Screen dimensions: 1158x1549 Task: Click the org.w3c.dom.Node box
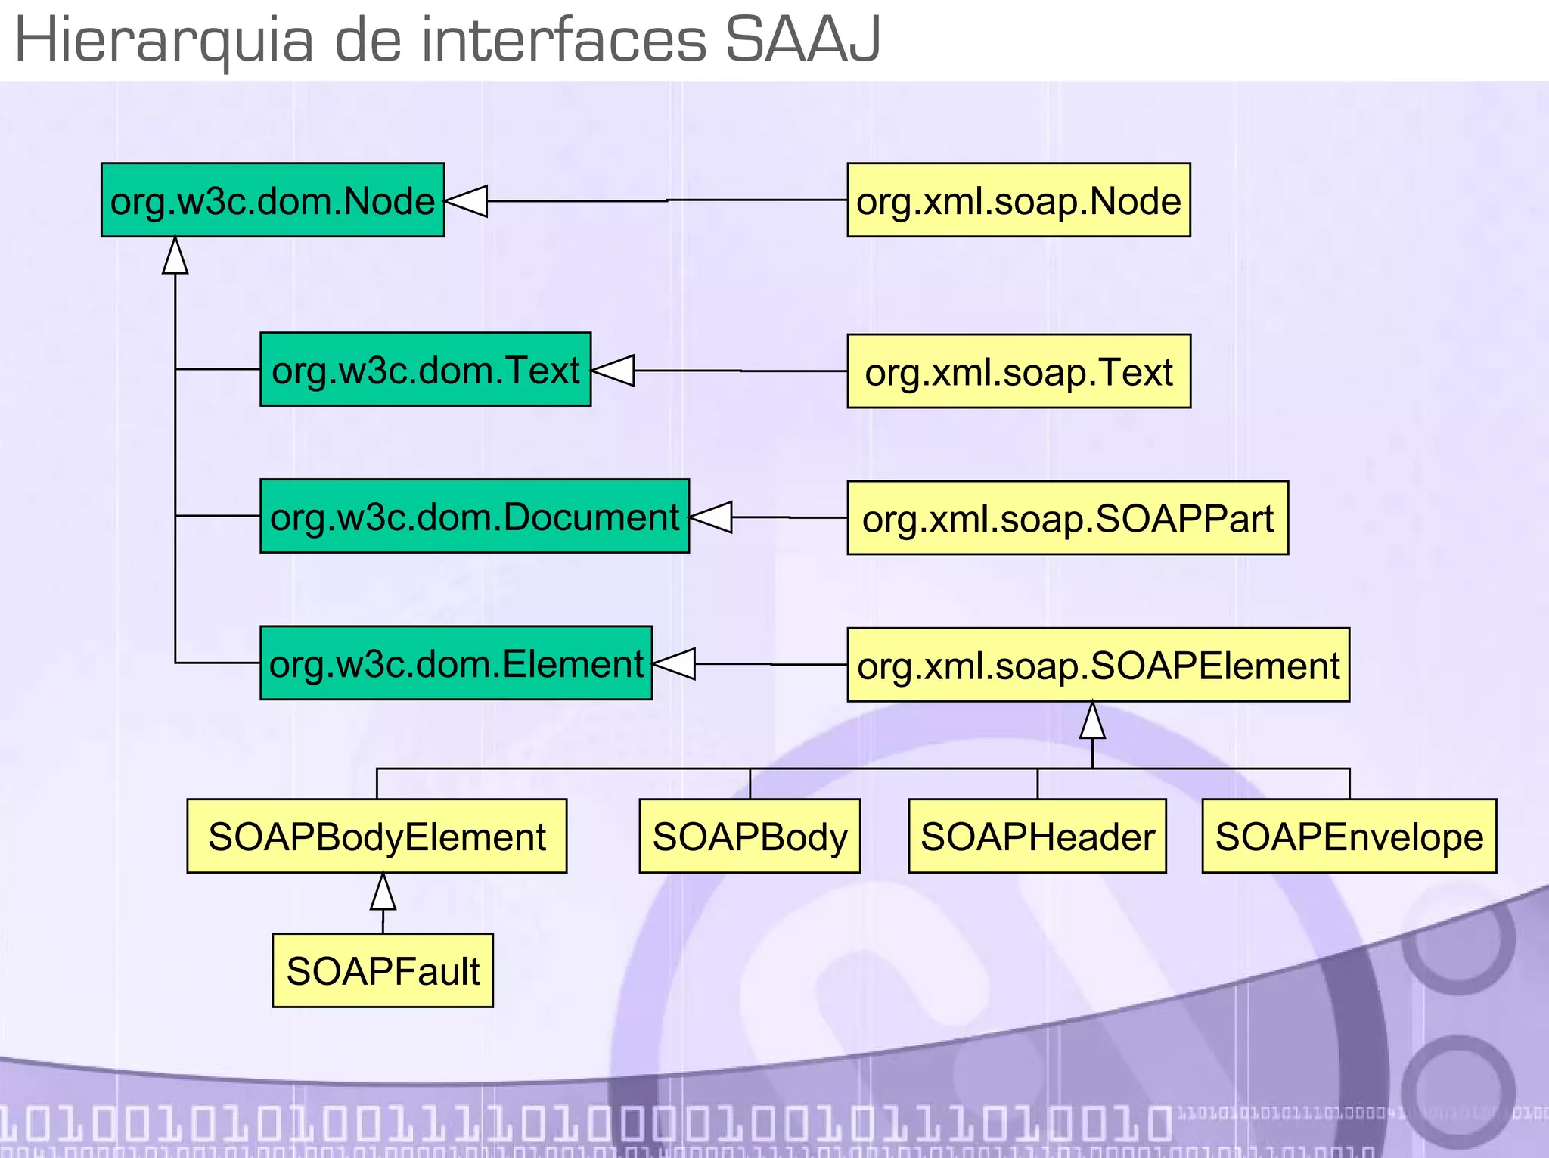point(272,200)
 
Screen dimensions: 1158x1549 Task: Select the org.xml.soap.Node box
point(1018,200)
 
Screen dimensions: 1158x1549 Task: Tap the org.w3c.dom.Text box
point(425,370)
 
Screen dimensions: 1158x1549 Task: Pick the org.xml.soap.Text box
point(1018,371)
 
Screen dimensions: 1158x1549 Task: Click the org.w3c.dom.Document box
point(474,517)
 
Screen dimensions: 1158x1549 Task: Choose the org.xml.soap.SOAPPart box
point(1067,518)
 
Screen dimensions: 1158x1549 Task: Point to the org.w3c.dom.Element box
point(456,663)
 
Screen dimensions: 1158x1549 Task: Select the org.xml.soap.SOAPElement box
point(1097,665)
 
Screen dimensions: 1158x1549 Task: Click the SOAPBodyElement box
point(377,837)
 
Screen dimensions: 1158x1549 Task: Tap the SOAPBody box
point(750,837)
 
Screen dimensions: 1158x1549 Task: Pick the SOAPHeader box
point(1037,837)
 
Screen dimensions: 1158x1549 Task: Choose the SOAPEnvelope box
point(1349,837)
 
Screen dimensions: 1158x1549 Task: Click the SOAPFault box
point(383,970)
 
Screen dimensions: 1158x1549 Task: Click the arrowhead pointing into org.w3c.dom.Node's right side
point(467,201)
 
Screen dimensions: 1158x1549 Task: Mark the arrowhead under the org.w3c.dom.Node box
point(175,256)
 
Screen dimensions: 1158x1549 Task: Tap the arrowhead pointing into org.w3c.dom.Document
point(712,517)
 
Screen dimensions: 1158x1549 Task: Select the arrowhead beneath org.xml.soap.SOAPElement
point(1092,721)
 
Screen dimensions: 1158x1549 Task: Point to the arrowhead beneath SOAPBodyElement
point(383,893)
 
